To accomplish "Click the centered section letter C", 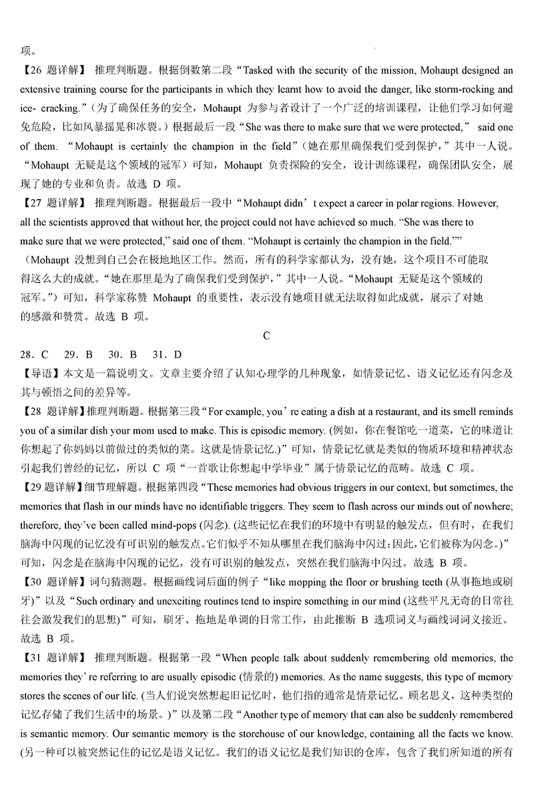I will (x=266, y=335).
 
